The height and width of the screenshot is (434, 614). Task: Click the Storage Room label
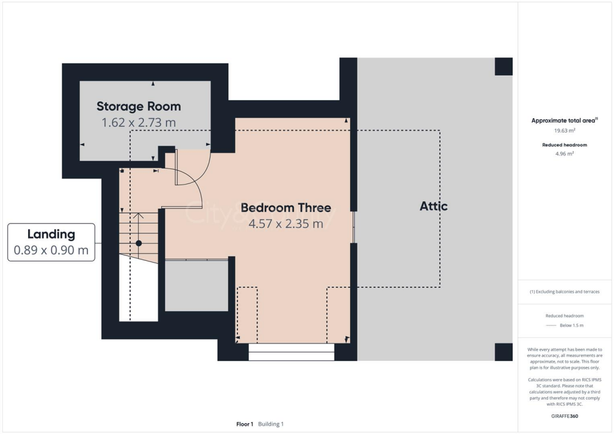tap(139, 107)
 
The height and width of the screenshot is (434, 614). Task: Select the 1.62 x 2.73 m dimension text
tap(139, 123)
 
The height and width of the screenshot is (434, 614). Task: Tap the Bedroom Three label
tap(285, 208)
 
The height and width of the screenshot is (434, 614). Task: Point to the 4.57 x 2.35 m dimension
tap(285, 224)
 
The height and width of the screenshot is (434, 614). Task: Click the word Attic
tap(433, 206)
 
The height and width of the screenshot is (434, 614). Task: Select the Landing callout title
tap(51, 234)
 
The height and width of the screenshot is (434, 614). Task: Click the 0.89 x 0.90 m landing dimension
tap(51, 250)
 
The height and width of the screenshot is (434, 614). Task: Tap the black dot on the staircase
tap(139, 243)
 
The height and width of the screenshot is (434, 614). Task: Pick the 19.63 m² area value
tap(564, 130)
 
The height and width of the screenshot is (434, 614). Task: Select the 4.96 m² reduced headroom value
tap(564, 153)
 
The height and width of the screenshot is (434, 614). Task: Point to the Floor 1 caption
tap(245, 424)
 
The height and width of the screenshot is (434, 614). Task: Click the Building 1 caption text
tap(271, 424)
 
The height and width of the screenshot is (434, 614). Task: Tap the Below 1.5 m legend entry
tap(571, 325)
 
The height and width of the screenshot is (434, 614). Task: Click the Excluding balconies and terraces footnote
tap(564, 292)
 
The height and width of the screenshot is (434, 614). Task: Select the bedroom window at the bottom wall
tap(291, 352)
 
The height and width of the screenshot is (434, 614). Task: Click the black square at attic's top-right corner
tap(504, 67)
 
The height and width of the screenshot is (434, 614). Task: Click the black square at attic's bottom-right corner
tap(504, 352)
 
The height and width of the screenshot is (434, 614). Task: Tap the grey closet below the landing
tap(197, 285)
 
